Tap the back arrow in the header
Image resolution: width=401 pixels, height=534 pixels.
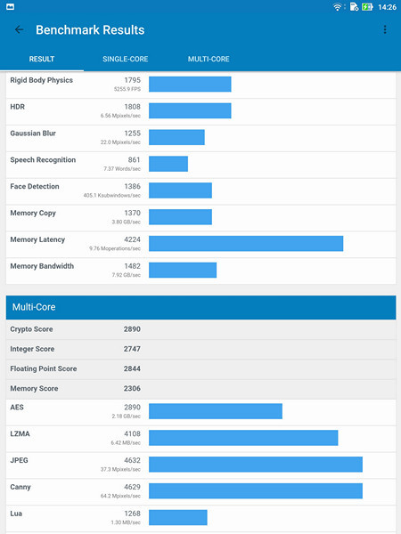click(x=20, y=30)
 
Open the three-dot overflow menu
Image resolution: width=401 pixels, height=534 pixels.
click(x=385, y=30)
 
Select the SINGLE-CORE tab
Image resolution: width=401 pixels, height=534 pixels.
click(x=126, y=60)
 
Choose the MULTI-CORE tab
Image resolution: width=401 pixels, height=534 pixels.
click(x=209, y=60)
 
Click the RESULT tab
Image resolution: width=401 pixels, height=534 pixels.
click(x=42, y=60)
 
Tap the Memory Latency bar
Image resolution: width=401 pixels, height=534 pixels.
click(x=246, y=244)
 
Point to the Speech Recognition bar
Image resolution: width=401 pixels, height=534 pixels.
click(x=168, y=164)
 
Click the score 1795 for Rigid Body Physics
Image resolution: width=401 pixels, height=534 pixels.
click(x=132, y=80)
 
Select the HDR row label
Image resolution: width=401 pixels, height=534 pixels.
click(x=18, y=107)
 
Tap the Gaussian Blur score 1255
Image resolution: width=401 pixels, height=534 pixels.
click(x=132, y=133)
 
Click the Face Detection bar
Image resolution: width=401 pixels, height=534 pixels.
click(x=180, y=190)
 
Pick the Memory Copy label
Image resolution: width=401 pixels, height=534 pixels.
click(x=34, y=213)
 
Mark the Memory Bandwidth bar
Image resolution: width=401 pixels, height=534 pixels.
click(x=183, y=270)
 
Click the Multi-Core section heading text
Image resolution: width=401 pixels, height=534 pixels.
click(x=34, y=307)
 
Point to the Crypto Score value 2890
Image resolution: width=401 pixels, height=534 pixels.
click(x=132, y=329)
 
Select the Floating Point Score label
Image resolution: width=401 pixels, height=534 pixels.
click(x=43, y=368)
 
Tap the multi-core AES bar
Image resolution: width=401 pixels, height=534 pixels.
click(x=216, y=411)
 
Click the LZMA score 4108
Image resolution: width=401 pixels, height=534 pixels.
click(x=132, y=433)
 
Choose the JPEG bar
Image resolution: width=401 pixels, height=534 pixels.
click(x=256, y=465)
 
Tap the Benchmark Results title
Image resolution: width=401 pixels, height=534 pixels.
click(x=90, y=30)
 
